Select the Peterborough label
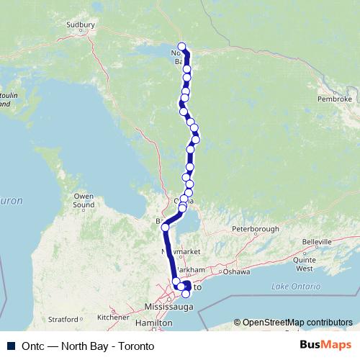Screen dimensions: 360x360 click(255, 229)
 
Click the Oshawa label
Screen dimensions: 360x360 click(235, 271)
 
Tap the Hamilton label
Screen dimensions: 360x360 click(158, 324)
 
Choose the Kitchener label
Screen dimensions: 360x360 click(113, 317)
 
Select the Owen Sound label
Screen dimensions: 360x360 click(84, 200)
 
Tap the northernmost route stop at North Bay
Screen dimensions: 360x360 click(181, 47)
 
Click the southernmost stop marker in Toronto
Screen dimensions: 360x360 click(186, 294)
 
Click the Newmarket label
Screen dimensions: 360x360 click(178, 252)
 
